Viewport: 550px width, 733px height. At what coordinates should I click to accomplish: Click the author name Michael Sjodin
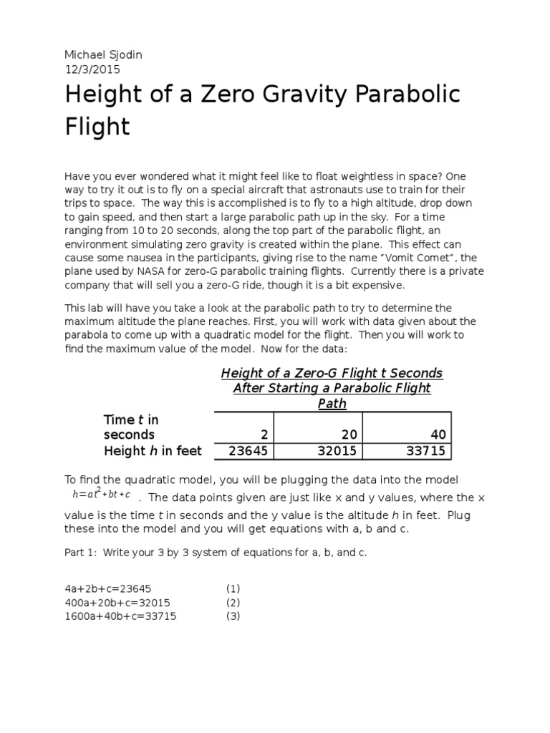103,56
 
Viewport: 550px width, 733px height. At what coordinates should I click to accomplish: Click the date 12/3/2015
92,70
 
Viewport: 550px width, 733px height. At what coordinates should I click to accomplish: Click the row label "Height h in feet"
153,451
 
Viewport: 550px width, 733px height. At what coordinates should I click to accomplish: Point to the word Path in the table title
332,404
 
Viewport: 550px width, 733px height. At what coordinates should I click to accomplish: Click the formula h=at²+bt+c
101,493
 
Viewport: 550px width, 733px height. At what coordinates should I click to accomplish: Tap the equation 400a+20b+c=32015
117,603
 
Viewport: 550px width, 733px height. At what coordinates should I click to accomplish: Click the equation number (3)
233,616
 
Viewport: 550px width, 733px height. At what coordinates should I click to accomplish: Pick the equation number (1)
233,588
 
